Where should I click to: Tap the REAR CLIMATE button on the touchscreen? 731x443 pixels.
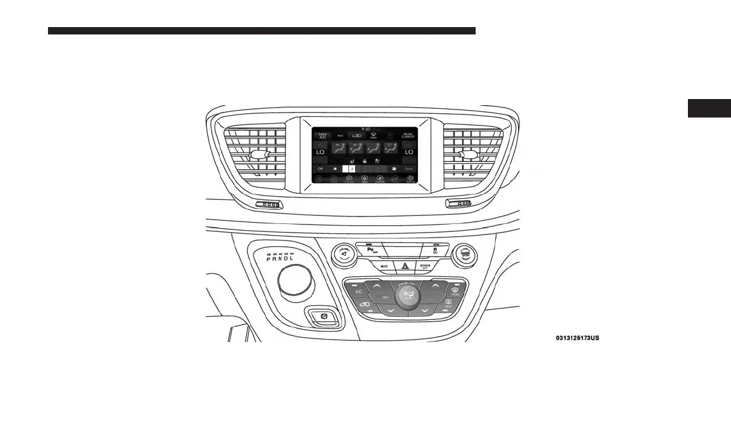click(x=407, y=135)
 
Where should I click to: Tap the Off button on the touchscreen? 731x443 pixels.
click(x=320, y=168)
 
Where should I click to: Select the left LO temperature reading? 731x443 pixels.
click(x=320, y=151)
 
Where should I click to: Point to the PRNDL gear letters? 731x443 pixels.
click(x=280, y=259)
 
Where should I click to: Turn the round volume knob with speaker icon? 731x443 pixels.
click(x=345, y=253)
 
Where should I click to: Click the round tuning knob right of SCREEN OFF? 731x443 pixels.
click(x=465, y=253)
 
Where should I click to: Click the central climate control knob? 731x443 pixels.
click(x=407, y=297)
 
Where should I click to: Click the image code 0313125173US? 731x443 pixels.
click(x=577, y=338)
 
